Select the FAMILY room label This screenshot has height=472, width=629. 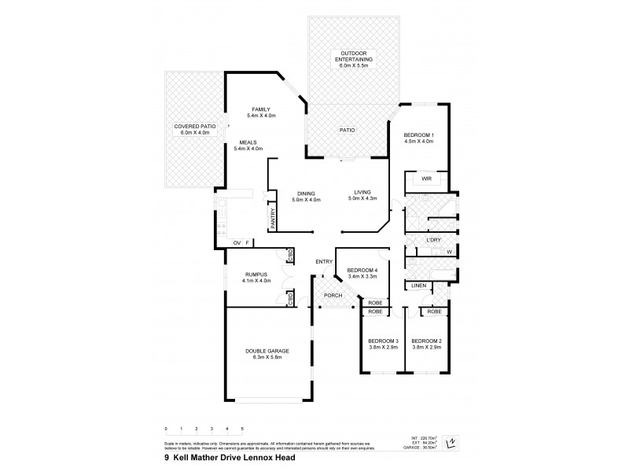(261, 109)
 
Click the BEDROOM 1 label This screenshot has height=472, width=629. (418, 134)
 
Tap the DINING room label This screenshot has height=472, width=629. (306, 193)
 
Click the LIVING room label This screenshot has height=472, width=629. (362, 193)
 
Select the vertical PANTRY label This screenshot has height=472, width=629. (273, 218)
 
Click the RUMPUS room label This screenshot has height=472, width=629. (257, 275)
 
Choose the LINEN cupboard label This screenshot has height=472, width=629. (418, 286)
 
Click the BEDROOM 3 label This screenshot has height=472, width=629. (382, 341)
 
